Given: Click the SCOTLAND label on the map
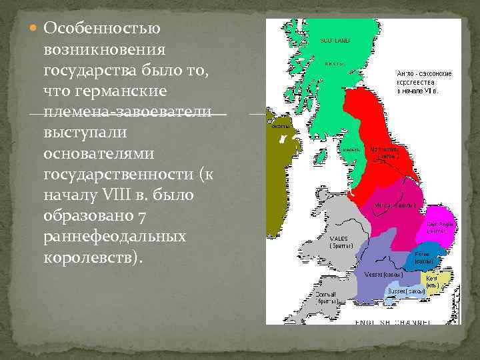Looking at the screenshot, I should tap(334, 40).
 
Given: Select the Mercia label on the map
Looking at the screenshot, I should tap(395, 205).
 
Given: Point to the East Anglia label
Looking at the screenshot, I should tap(441, 227).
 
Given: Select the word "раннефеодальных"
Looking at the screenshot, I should tap(114, 237).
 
